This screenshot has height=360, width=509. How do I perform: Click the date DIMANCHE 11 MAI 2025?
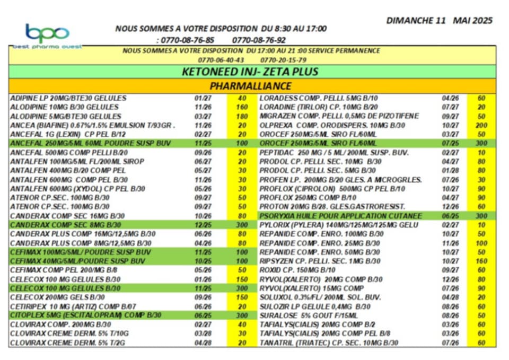pyautogui.click(x=440, y=21)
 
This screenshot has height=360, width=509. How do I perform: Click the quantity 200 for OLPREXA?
pyautogui.click(x=481, y=125)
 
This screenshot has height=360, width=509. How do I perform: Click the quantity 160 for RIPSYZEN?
pyautogui.click(x=481, y=261)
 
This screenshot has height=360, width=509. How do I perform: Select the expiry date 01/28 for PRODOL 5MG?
pyautogui.click(x=450, y=171)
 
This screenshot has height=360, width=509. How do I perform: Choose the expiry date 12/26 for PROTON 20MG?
pyautogui.click(x=450, y=207)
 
